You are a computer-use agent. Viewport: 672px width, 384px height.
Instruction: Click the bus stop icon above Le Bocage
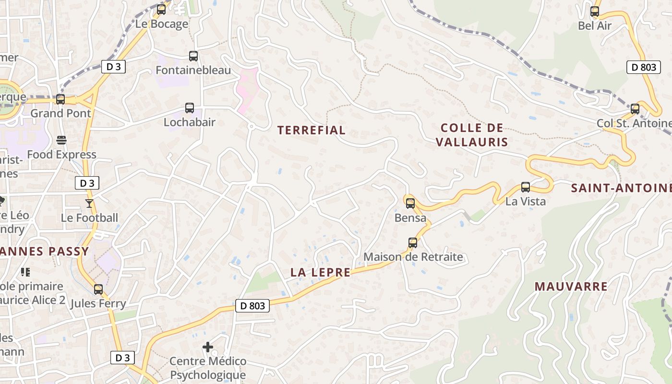click(x=161, y=9)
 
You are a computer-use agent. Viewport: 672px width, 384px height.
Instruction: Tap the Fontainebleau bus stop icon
click(x=193, y=56)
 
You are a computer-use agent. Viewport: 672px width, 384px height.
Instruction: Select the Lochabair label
click(x=189, y=122)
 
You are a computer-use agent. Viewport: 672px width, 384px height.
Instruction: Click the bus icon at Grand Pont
click(x=60, y=99)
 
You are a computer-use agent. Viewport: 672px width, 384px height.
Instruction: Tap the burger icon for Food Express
click(x=61, y=140)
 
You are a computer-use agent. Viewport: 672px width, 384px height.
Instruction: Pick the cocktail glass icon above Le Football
click(x=89, y=204)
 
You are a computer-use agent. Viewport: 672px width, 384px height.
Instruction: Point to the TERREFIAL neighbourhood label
click(x=311, y=130)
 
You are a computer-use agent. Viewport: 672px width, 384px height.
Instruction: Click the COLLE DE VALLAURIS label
click(x=472, y=135)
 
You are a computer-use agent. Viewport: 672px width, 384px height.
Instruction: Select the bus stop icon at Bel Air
click(x=595, y=12)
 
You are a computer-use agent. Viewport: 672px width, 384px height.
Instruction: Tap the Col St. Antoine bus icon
click(x=635, y=109)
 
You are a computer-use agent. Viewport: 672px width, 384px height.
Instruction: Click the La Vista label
click(x=525, y=201)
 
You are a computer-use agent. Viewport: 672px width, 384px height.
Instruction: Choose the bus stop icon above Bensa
click(x=410, y=203)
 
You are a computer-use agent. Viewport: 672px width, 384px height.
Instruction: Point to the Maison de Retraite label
click(x=413, y=257)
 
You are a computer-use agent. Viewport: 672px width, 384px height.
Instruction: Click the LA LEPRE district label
click(x=320, y=272)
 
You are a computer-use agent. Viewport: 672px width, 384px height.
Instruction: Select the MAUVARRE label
click(x=571, y=287)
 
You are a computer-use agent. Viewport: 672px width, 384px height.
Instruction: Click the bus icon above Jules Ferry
click(x=98, y=289)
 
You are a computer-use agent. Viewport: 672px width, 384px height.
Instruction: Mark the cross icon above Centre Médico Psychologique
click(x=208, y=347)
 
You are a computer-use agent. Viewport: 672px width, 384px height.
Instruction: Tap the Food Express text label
click(x=61, y=155)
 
